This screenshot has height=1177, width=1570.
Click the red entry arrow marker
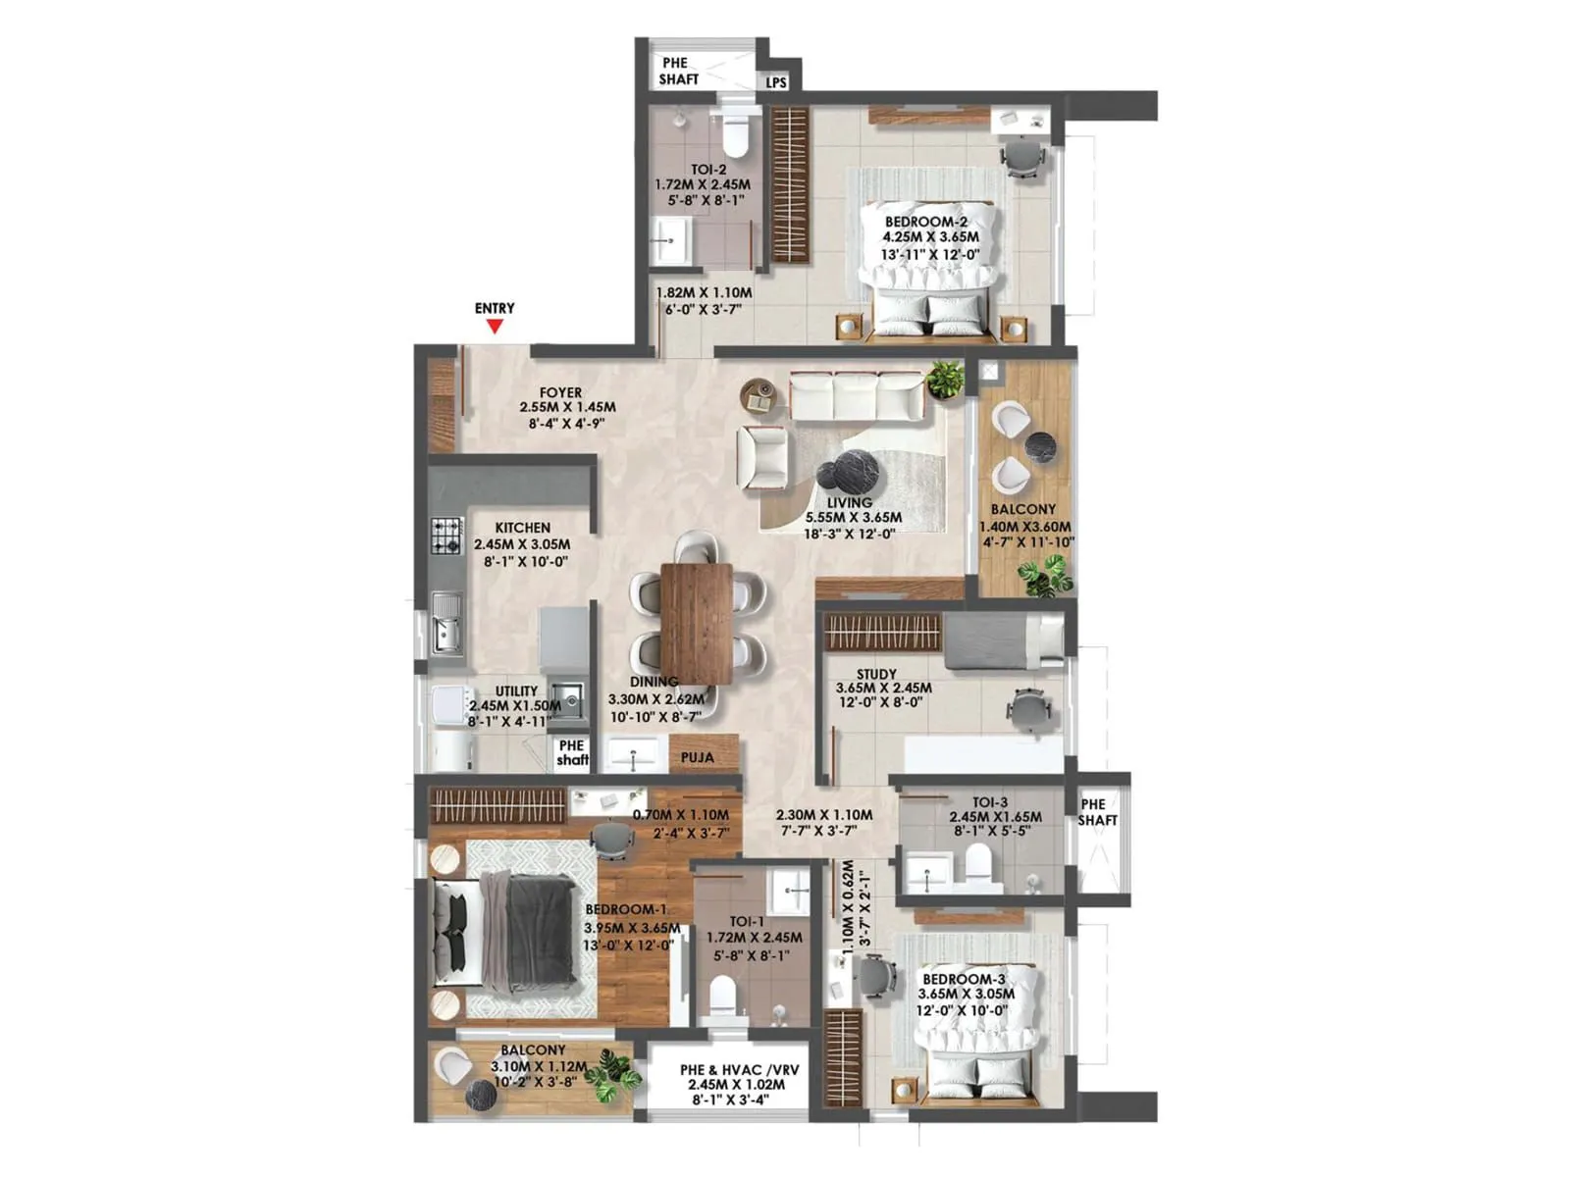[x=495, y=326]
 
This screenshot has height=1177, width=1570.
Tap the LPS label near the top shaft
[x=776, y=82]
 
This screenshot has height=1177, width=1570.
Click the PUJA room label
[x=697, y=757]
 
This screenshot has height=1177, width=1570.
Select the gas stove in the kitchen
[x=446, y=536]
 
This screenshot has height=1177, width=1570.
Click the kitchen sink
[x=447, y=625]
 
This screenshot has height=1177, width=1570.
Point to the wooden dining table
[x=697, y=622]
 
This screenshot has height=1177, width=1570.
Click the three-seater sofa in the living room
[x=857, y=396]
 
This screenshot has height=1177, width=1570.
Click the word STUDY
[x=876, y=674]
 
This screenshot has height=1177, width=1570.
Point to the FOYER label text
[x=560, y=392]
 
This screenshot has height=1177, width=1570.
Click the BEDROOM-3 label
[x=964, y=979]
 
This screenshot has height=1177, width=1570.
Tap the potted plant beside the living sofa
[x=945, y=379]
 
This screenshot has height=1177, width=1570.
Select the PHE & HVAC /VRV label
[x=739, y=1070]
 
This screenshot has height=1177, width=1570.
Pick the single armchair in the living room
[x=763, y=457]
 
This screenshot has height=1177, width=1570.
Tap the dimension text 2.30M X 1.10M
[x=824, y=815]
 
